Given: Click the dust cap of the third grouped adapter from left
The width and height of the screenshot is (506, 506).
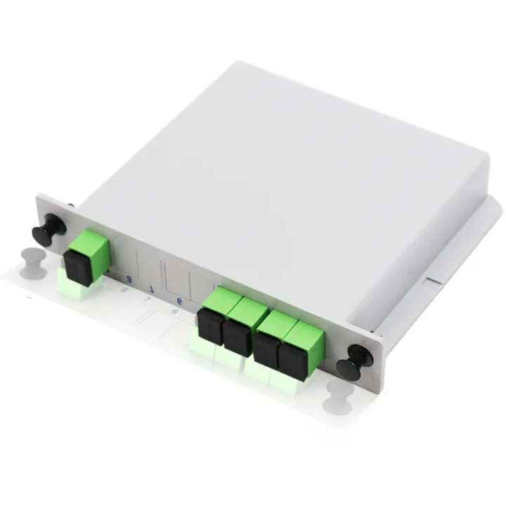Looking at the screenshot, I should coord(266,347).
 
